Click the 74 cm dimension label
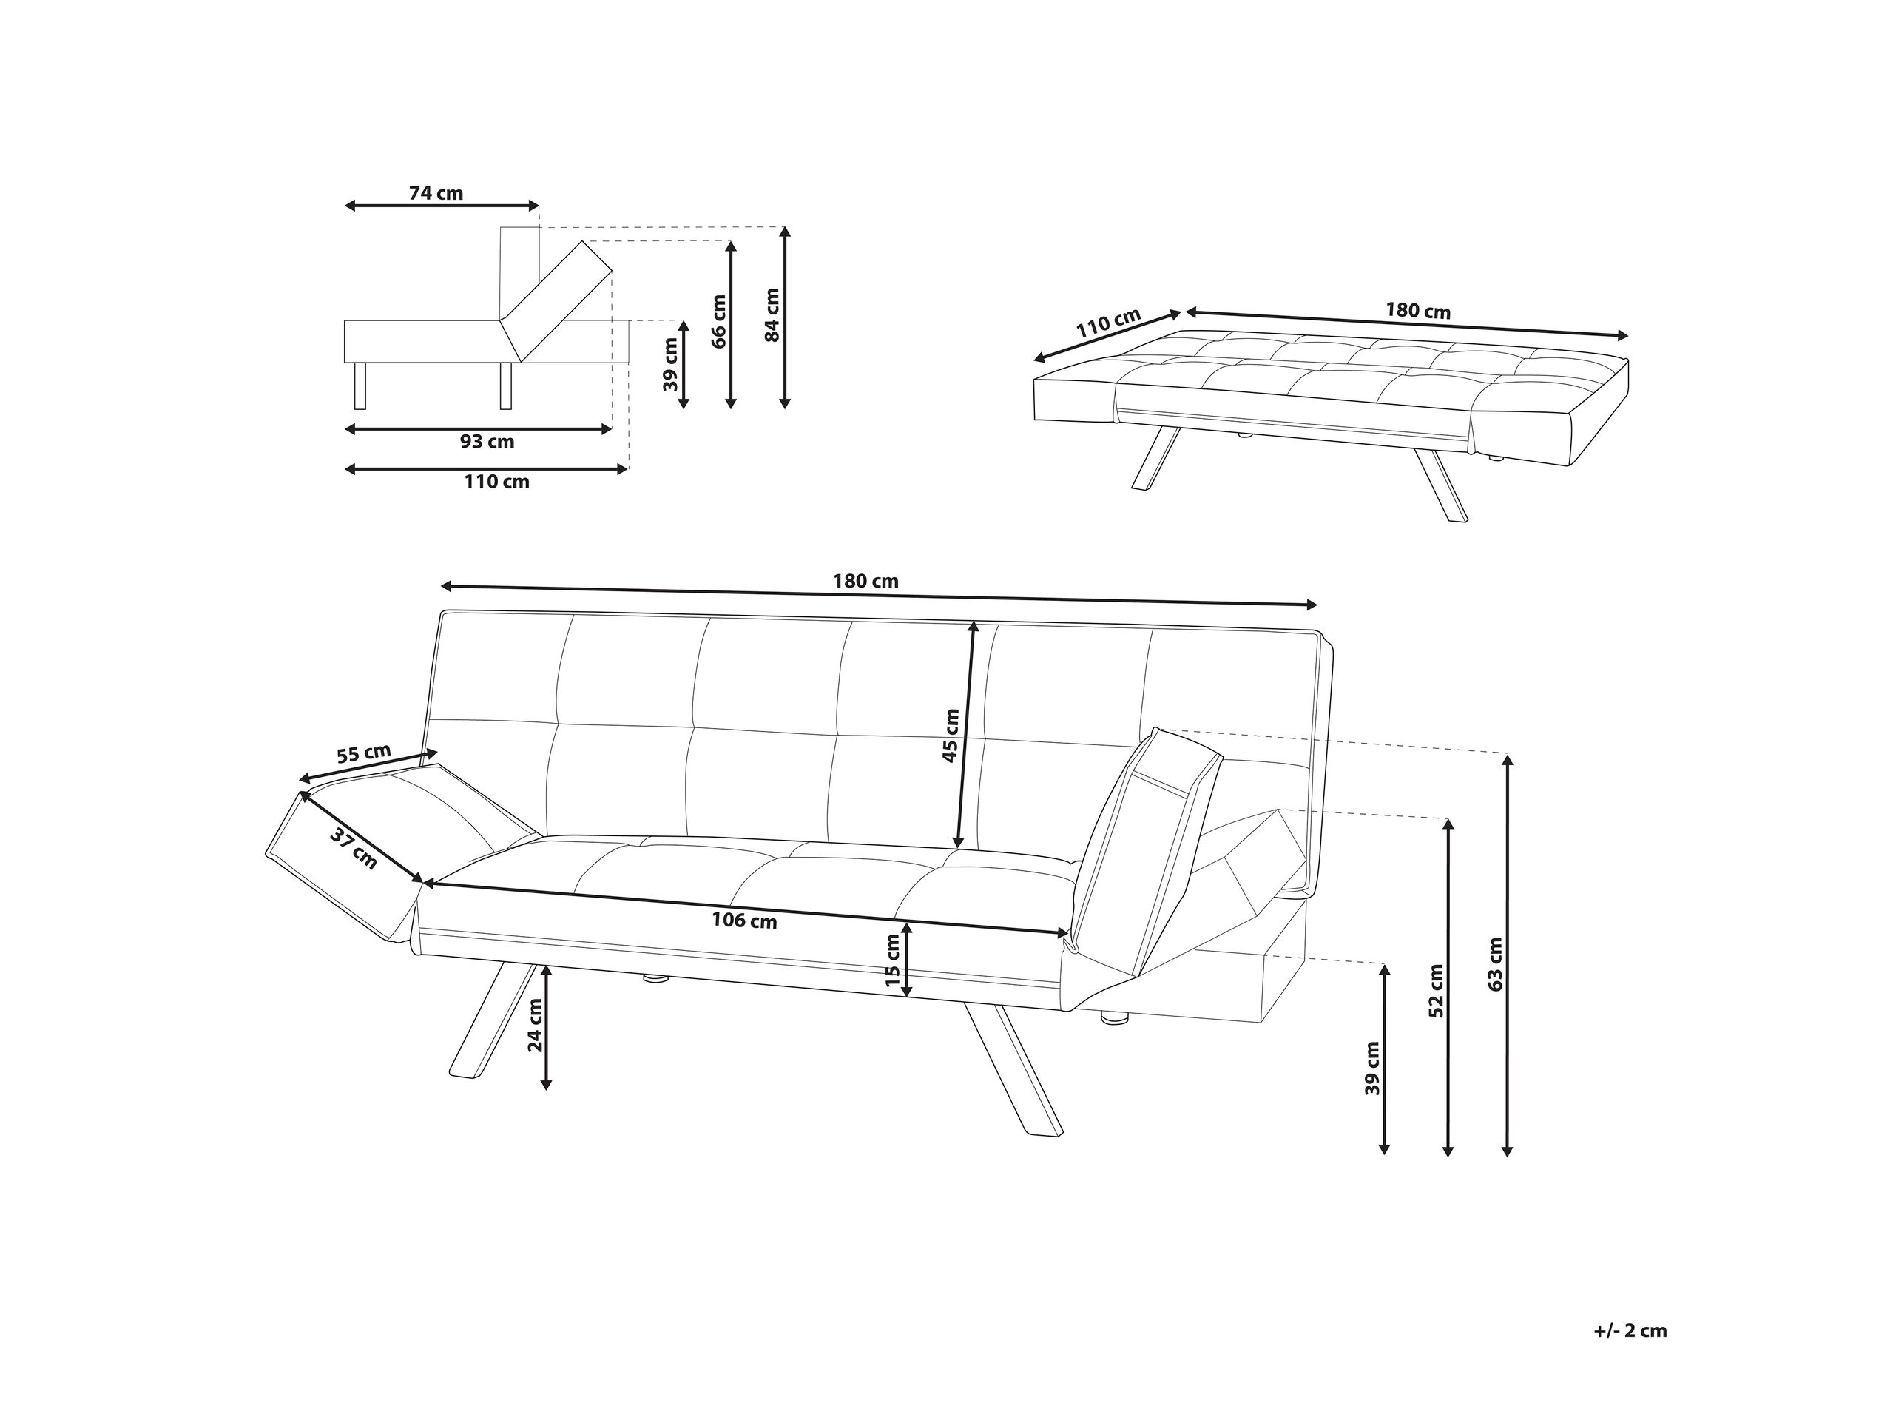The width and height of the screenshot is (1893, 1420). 436,193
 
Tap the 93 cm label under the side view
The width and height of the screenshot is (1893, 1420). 487,443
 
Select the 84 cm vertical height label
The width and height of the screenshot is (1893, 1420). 772,315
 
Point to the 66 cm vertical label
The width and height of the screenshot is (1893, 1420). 719,322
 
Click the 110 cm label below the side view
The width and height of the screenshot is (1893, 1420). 496,482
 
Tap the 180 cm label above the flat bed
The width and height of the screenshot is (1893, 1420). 1418,312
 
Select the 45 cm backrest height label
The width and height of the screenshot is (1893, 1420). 951,736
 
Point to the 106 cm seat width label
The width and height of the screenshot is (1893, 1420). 744,921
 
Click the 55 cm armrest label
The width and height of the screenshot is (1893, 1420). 363,754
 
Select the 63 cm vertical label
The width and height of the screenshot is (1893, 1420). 1495,965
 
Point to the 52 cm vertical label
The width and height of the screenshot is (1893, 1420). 1436,990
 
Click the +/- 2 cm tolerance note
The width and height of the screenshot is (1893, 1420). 1630,1332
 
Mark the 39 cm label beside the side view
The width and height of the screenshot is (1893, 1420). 670,365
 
